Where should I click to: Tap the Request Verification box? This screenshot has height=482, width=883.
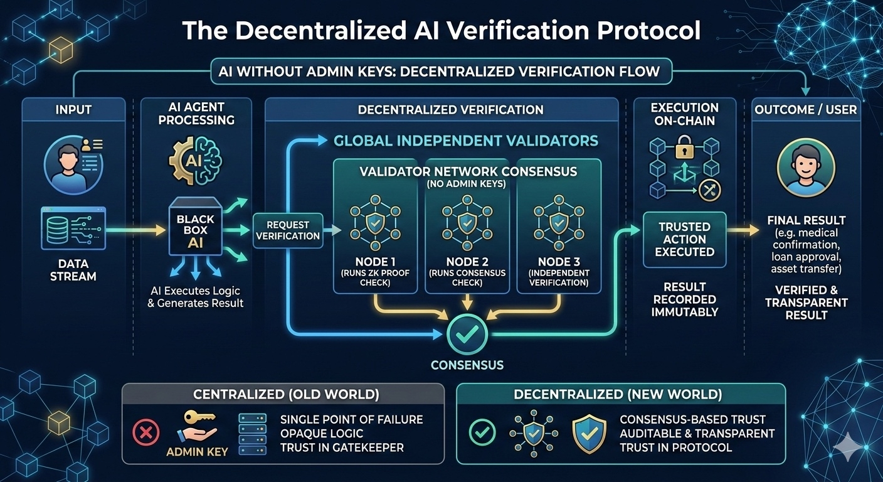click(x=288, y=230)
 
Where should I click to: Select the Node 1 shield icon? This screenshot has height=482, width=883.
click(x=374, y=220)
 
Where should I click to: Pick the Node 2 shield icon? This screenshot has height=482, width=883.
click(x=466, y=220)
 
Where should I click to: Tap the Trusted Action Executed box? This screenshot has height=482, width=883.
click(x=685, y=239)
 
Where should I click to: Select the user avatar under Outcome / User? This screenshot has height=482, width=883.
click(x=806, y=168)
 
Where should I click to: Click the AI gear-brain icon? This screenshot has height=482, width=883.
click(x=195, y=161)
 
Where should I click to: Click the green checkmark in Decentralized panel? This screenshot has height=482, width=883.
click(x=482, y=432)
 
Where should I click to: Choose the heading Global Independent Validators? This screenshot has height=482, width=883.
click(x=465, y=141)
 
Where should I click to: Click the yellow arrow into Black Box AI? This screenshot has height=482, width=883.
click(x=138, y=232)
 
